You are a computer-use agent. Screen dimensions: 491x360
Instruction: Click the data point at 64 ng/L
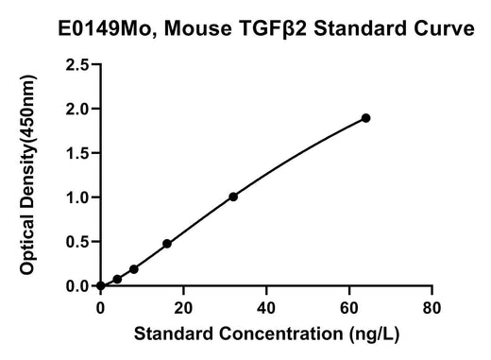click(x=365, y=118)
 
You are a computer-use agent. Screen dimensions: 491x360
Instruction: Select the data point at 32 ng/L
click(x=233, y=197)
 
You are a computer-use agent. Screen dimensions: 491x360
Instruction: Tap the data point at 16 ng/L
click(x=167, y=244)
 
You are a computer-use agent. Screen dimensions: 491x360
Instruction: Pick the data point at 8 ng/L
click(x=134, y=269)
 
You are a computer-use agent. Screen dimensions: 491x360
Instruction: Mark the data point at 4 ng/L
click(x=117, y=279)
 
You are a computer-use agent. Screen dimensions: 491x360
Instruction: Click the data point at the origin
click(x=101, y=285)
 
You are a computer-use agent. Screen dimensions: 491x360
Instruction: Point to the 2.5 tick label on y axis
click(x=77, y=65)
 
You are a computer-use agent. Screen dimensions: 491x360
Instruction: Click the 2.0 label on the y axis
click(x=77, y=109)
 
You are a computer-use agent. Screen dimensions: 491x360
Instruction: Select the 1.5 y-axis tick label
click(x=77, y=153)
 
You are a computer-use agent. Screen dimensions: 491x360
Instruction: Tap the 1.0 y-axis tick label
click(x=77, y=197)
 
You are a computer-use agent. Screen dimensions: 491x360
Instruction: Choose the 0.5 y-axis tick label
click(x=77, y=242)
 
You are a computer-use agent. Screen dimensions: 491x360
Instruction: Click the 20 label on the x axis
click(x=183, y=308)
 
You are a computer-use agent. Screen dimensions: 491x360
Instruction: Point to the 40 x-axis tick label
click(x=266, y=308)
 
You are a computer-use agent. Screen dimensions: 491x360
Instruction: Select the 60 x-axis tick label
click(x=349, y=308)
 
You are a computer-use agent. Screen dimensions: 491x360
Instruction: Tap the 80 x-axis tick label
click(x=432, y=308)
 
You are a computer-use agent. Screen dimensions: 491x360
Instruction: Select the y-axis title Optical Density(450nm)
click(x=27, y=175)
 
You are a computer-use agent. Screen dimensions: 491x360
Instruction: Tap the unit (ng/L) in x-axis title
click(x=374, y=334)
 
